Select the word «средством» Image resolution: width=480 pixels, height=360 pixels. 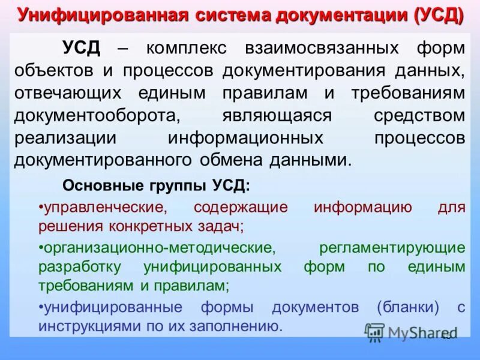click(419, 115)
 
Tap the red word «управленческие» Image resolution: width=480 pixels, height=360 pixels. click(102, 208)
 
